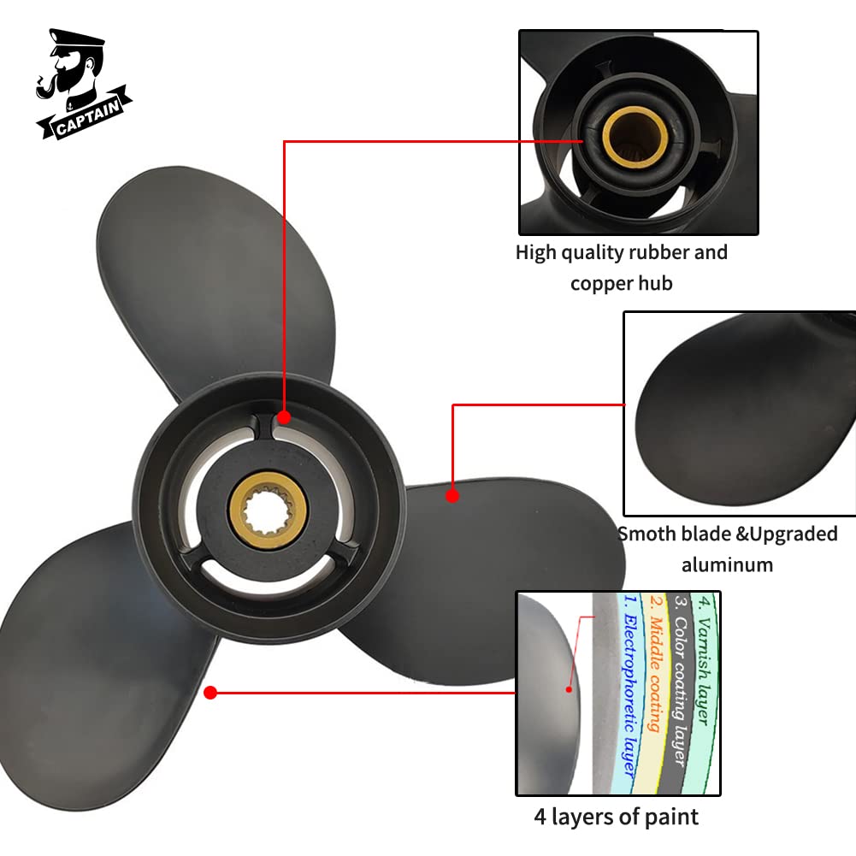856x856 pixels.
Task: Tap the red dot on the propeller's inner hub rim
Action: point(284,417)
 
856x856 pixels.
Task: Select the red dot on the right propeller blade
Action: point(452,496)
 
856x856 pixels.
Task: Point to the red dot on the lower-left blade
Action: point(210,693)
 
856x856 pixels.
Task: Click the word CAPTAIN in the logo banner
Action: point(87,116)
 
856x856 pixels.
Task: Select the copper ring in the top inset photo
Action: point(635,137)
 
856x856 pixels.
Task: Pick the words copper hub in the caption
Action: point(621,283)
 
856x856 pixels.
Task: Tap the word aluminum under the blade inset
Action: point(727,565)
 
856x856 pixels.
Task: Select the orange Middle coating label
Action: point(655,664)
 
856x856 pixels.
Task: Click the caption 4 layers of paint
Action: point(617,818)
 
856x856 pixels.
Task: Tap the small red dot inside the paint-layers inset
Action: point(569,689)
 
